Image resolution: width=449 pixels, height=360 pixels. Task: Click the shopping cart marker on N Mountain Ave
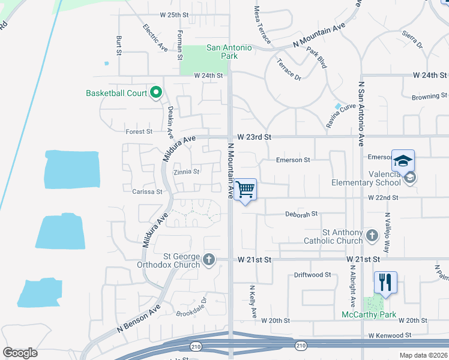(245, 190)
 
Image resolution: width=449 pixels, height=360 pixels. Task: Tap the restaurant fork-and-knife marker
(385, 282)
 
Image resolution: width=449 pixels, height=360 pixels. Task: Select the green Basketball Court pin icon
(156, 93)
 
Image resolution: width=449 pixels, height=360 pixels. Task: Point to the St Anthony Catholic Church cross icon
(372, 235)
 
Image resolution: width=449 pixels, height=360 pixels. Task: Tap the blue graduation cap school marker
(403, 161)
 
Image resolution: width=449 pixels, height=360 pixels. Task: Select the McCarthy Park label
(369, 314)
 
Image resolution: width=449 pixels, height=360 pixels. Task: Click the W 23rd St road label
(255, 137)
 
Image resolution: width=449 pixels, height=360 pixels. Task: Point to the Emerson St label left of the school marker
(292, 160)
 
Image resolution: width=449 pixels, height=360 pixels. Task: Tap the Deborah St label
(301, 214)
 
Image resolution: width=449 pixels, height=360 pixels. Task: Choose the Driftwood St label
(312, 275)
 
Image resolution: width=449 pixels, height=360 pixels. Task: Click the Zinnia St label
(186, 172)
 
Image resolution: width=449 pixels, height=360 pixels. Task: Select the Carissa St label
(147, 192)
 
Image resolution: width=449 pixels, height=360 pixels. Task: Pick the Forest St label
(139, 131)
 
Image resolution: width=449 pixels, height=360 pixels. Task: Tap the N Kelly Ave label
(253, 302)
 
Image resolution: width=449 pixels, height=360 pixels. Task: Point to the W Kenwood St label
(390, 335)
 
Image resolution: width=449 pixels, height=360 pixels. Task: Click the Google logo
(20, 352)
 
